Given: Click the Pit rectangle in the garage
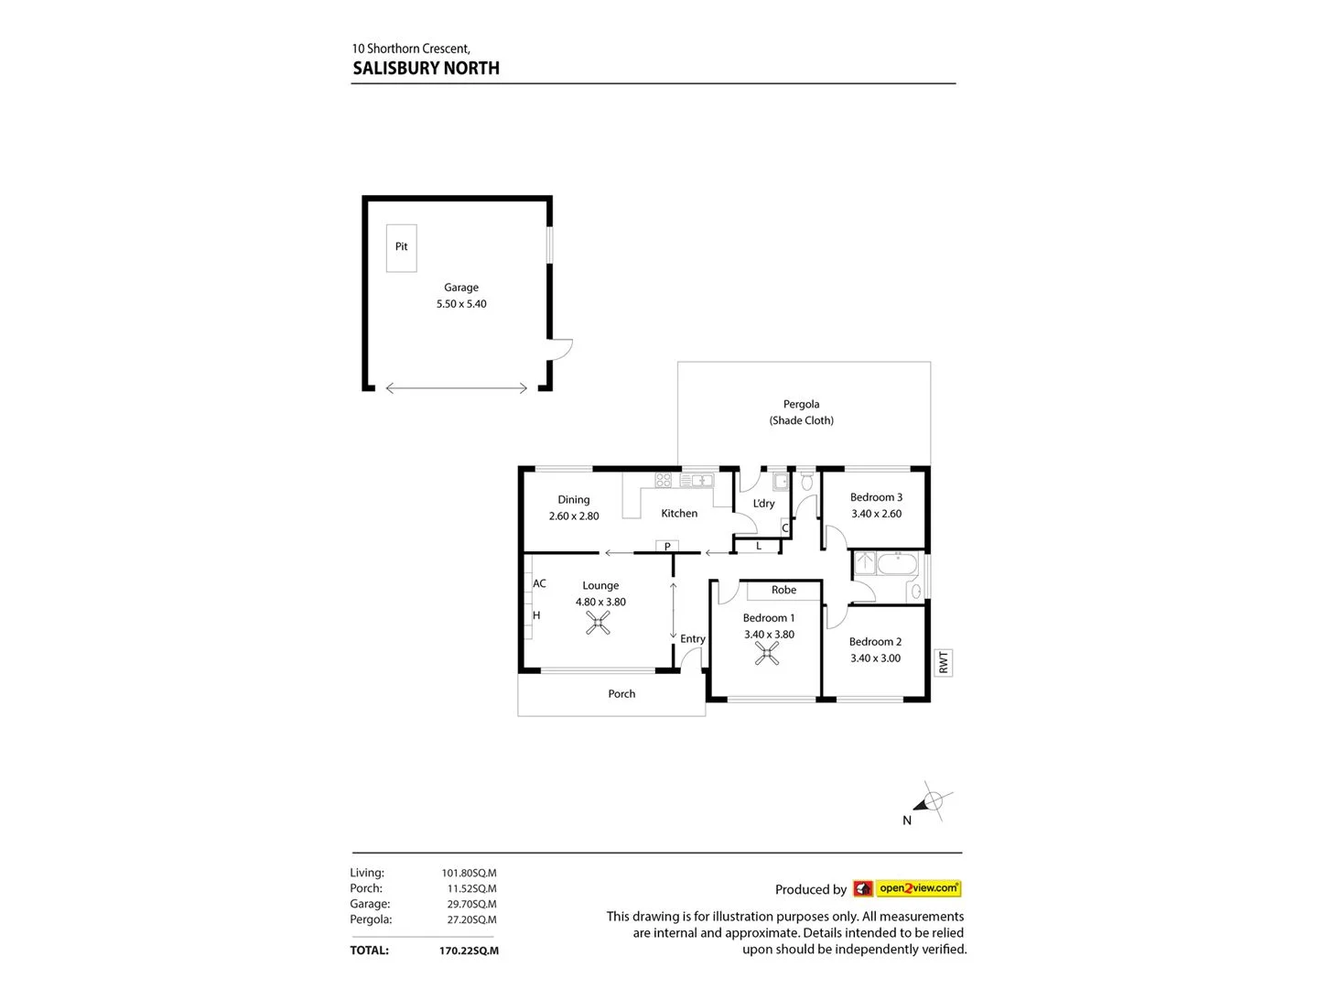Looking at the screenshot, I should pos(401,248).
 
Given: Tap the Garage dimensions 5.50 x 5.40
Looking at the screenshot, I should pos(461,304).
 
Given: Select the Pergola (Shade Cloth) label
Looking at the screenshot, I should pos(801,412).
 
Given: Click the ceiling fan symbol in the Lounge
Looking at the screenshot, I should pos(598,624).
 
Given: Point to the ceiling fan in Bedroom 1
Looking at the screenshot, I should pos(767,653).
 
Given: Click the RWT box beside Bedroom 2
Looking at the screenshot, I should pos(944,662).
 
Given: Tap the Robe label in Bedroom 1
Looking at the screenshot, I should pos(783,591).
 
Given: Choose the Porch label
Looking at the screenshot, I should pos(621,694).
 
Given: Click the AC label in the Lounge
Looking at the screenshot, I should pos(539,583).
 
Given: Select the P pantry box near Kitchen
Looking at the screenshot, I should pos(667,547).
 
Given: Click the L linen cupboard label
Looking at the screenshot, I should pos(758,546).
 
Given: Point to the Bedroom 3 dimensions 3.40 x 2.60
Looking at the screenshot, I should pos(876,514).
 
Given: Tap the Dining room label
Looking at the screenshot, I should pos(574,500).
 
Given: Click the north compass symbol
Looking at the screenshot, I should pos(932,802).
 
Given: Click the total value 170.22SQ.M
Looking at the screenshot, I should pos(469,951).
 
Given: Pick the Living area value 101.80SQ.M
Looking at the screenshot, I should pos(469,874).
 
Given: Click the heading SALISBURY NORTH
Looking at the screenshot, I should pos(426,69).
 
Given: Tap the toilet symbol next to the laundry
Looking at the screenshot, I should pos(806,481).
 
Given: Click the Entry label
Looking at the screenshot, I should pos(692,639).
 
